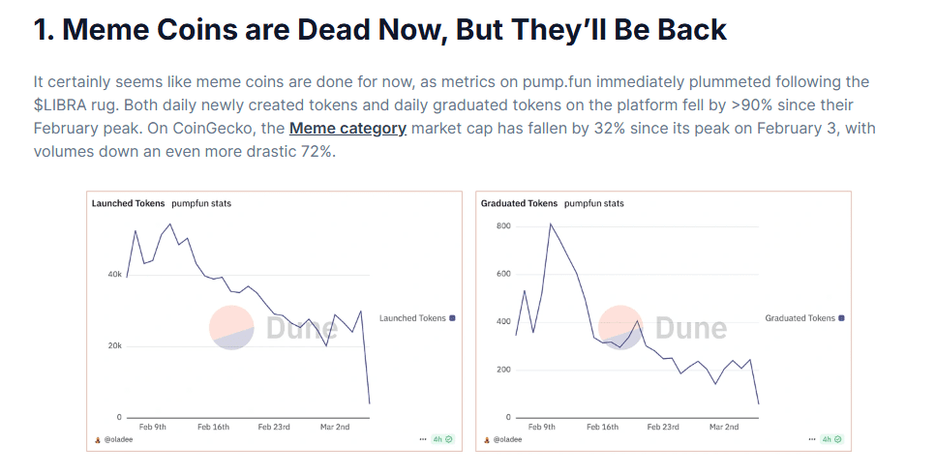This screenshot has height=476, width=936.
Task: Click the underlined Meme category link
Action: [x=347, y=128]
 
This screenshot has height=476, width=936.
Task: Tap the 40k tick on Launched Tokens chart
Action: [x=114, y=275]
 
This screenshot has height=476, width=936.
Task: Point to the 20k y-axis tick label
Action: [x=114, y=346]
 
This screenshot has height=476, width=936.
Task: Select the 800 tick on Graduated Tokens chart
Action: [x=502, y=226]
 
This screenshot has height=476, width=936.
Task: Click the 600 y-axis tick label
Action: [x=502, y=274]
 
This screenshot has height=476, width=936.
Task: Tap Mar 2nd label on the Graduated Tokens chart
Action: [x=723, y=427]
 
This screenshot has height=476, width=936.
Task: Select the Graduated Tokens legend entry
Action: [x=800, y=318]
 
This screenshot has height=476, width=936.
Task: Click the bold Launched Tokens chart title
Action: [x=128, y=204]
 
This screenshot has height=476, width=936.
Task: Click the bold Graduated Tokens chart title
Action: [x=519, y=204]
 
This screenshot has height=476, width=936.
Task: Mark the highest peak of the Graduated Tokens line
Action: [x=551, y=224]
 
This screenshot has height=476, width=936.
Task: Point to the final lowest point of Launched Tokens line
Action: [x=369, y=403]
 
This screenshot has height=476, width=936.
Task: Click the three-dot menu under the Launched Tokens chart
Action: [x=422, y=439]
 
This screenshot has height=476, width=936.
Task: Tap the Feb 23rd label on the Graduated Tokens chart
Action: [x=665, y=427]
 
